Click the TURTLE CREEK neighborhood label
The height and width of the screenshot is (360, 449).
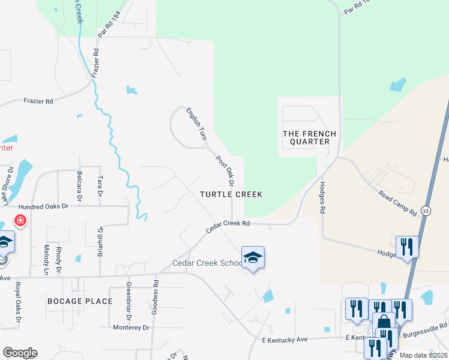coord(231,194)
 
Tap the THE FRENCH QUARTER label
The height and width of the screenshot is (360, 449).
coord(309,137)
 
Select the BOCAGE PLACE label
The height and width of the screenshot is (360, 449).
coord(80,301)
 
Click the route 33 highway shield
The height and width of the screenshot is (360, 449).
coord(425,211)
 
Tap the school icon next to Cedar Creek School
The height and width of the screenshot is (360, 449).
coord(253,257)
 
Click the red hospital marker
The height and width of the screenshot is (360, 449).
coord(20,221)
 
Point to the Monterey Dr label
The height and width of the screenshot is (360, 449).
coord(131,327)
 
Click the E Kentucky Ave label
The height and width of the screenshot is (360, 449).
coord(285,340)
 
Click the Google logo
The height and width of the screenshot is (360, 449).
coord(19,353)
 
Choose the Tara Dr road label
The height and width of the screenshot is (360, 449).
coord(100,187)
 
